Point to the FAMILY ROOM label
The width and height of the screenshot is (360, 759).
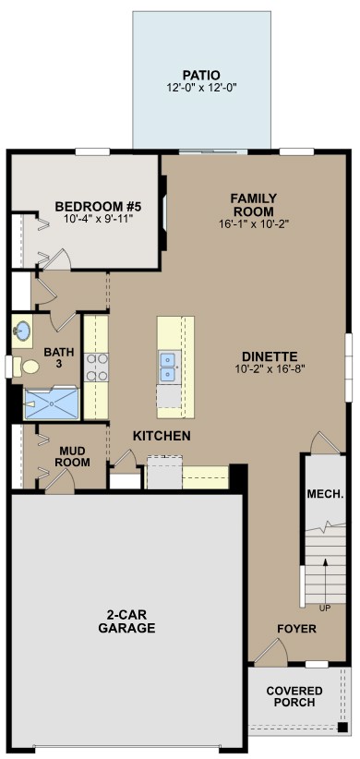pos(254,204)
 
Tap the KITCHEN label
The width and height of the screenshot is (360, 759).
pos(162,436)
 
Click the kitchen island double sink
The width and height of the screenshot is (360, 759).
pos(168,367)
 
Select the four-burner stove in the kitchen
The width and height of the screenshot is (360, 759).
pos(97,368)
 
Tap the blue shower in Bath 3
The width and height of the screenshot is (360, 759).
pos(53,404)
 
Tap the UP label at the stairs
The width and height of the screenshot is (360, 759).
pos(324,608)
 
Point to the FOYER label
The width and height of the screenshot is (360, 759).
pos(297,629)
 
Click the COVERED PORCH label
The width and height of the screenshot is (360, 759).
pos(294,696)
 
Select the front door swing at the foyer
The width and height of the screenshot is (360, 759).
pos(268,652)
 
